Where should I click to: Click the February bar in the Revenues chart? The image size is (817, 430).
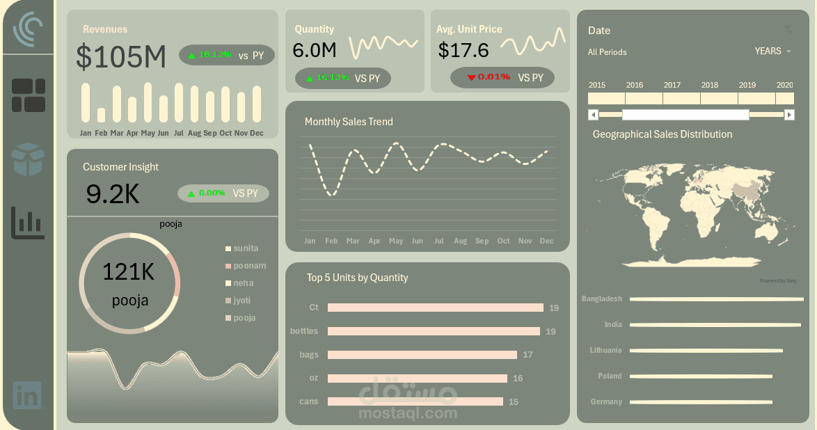click(101, 115)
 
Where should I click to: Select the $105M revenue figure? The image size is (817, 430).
click(121, 57)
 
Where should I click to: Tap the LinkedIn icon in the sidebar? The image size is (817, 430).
click(28, 395)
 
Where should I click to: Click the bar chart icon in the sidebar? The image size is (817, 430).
click(28, 223)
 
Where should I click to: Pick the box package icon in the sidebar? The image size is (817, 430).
click(28, 159)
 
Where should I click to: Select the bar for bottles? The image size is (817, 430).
click(434, 331)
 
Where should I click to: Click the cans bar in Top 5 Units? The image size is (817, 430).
click(415, 401)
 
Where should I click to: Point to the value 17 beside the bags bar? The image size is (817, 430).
click(528, 355)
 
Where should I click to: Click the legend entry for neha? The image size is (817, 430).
click(243, 283)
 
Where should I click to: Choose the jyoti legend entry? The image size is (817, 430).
click(241, 301)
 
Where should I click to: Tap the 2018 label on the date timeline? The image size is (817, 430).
click(710, 85)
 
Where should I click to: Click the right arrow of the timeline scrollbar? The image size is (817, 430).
click(789, 115)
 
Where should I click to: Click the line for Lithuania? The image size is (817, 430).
click(706, 351)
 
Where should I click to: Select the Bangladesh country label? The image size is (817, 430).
click(601, 298)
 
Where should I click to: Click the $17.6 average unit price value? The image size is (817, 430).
click(463, 50)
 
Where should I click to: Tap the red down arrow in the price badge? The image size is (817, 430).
click(471, 77)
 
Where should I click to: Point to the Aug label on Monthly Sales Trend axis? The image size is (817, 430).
click(460, 241)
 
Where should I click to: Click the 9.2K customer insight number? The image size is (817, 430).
click(113, 194)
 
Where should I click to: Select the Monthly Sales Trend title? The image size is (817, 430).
click(349, 122)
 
